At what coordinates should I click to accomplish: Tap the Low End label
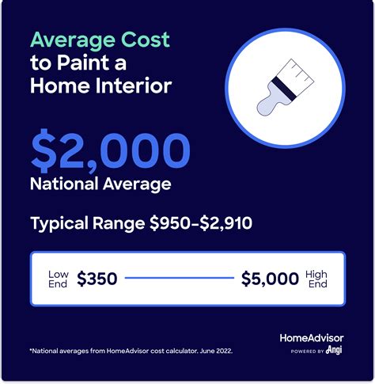tap(59, 279)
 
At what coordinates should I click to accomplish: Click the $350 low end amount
tap(99, 279)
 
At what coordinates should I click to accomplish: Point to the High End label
tap(316, 279)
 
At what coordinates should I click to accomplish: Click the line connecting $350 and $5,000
tap(180, 279)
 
